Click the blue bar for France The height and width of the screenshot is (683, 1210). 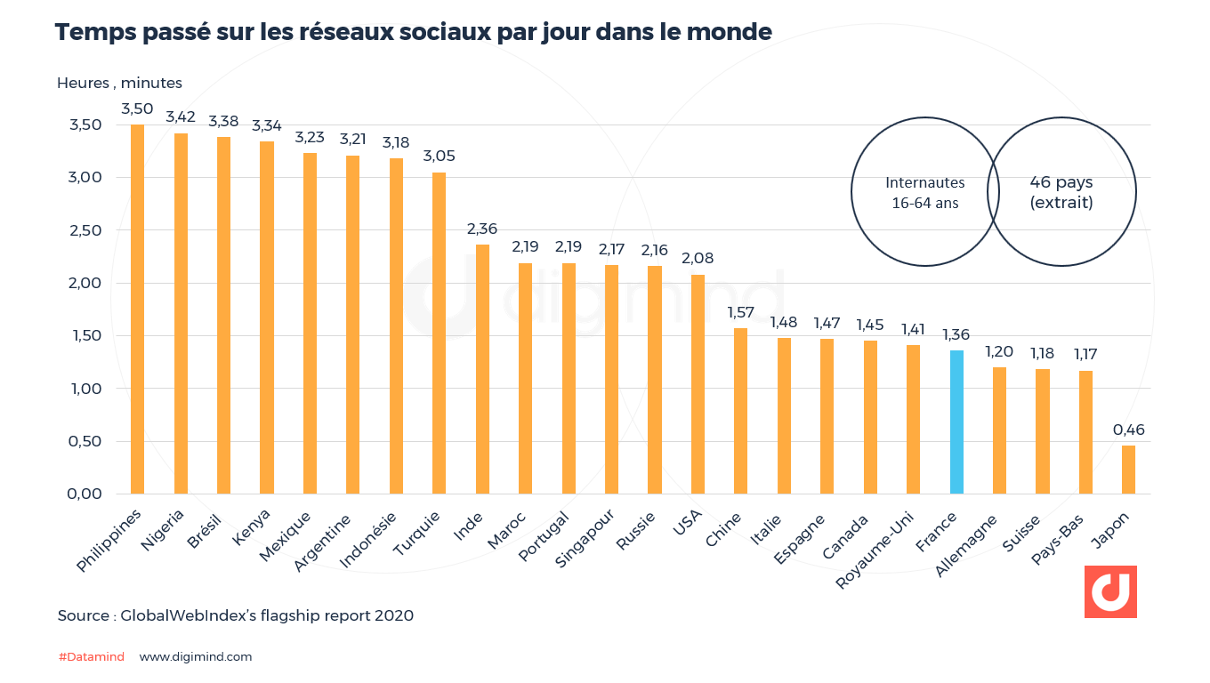tap(956, 422)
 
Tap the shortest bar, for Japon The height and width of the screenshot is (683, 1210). tap(1128, 470)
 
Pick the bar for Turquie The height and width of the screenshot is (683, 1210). tap(439, 333)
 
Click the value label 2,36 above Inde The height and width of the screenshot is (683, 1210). tap(482, 229)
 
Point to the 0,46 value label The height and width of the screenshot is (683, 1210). tap(1128, 430)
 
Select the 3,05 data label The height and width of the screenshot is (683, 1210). tap(439, 157)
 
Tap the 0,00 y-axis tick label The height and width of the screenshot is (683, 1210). tap(85, 494)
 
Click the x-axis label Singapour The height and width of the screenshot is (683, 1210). tap(585, 539)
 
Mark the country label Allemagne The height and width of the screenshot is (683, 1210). tap(966, 544)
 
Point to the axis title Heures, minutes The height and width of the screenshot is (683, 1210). tap(119, 83)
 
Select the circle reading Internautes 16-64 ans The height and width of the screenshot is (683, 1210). tap(924, 192)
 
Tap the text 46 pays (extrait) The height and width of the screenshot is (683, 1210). tap(1061, 192)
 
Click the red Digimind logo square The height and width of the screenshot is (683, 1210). tap(1110, 591)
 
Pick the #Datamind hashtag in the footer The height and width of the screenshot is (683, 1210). tap(91, 657)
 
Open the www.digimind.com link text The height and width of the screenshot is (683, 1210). tap(196, 657)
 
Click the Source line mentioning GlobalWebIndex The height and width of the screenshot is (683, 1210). tap(235, 615)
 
